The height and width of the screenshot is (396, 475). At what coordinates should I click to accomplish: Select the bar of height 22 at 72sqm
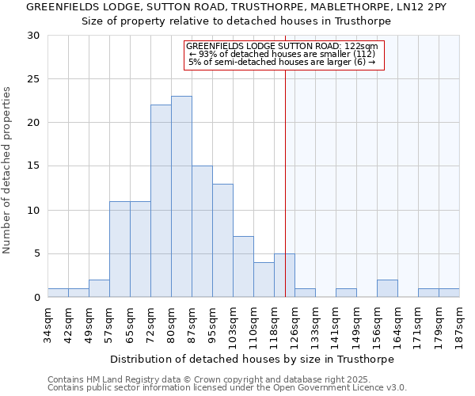point(161,201)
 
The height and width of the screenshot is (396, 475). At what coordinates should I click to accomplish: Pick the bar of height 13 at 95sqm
point(222,240)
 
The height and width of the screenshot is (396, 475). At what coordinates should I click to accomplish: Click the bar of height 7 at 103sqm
point(243,266)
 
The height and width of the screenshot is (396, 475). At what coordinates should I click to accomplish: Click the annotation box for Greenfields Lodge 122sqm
point(283,55)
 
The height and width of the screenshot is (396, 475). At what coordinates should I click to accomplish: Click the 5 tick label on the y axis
point(36,253)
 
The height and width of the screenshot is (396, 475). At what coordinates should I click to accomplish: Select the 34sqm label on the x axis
point(48,323)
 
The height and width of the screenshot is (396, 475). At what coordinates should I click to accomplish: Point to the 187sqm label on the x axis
point(460,326)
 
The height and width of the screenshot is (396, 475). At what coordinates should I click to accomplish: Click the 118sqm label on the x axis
point(275,326)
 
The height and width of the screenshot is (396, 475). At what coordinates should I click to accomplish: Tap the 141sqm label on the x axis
point(336,326)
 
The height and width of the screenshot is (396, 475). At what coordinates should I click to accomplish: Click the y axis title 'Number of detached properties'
point(8,170)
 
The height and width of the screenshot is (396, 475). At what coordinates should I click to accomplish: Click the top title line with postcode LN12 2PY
point(237,7)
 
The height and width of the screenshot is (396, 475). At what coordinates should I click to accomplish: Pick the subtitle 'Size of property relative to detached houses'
point(237,21)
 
